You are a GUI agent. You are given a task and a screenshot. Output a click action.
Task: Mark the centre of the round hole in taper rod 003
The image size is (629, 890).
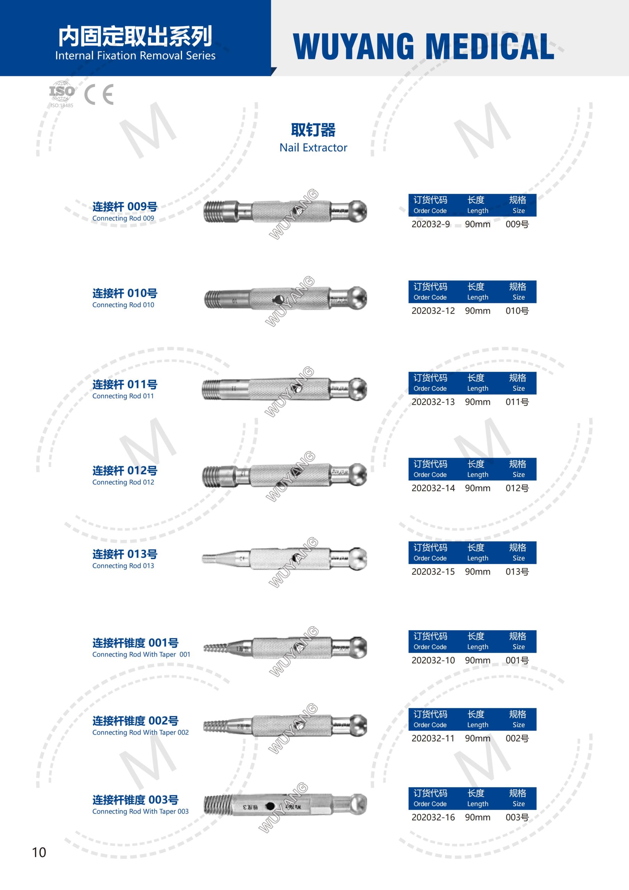click(x=270, y=807)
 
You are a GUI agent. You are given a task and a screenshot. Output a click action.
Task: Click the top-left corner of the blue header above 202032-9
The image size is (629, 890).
click(x=408, y=194)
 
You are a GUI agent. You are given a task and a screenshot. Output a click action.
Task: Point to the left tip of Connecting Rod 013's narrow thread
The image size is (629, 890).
click(x=202, y=559)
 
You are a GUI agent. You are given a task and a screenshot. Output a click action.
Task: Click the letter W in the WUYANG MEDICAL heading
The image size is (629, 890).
click(x=308, y=47)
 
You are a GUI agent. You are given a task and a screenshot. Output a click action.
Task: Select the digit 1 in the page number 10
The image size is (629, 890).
click(x=34, y=852)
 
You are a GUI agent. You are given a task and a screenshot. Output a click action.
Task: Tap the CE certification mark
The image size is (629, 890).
click(x=99, y=94)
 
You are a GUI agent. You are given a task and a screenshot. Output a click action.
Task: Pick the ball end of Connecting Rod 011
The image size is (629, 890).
click(x=358, y=389)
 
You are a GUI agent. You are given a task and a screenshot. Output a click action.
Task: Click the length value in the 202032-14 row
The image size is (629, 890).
click(x=477, y=488)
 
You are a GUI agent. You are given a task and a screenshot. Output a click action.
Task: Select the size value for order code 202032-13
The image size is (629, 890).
click(x=517, y=402)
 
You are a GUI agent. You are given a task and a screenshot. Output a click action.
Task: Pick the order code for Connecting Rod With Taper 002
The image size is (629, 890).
click(x=433, y=738)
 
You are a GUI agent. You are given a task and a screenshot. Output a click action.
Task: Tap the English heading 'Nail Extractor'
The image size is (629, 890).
click(x=313, y=148)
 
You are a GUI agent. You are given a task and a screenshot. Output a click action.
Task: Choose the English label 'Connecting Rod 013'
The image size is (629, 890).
click(x=123, y=566)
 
